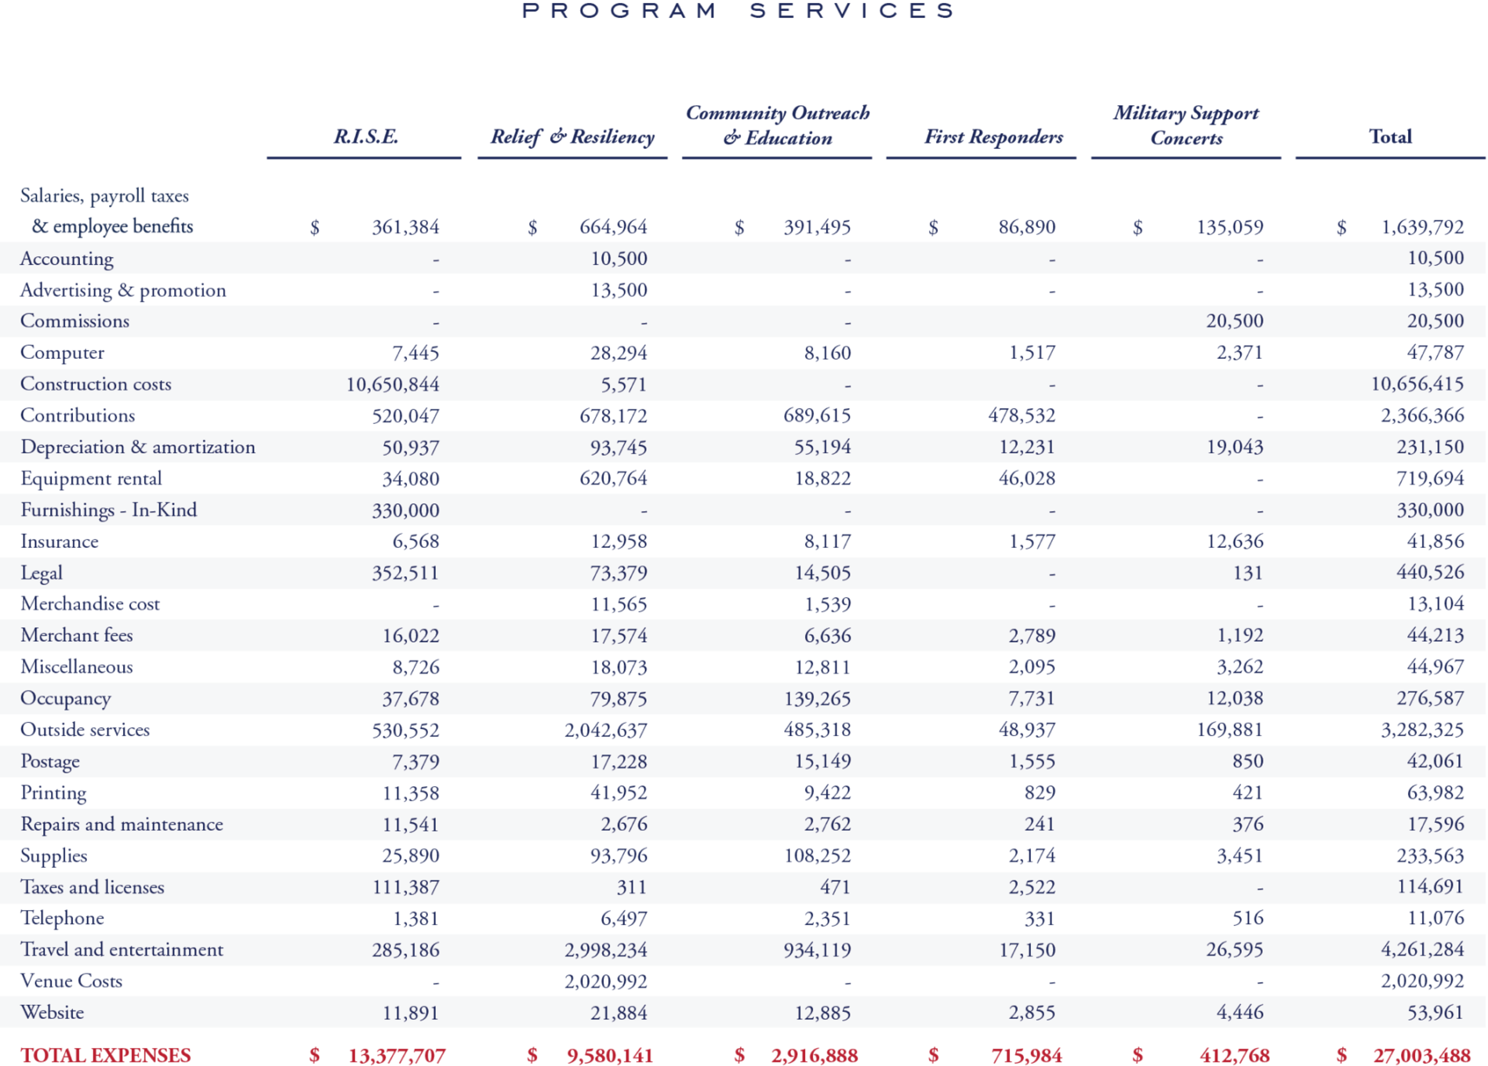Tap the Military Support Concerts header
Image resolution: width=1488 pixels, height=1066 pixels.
click(1185, 125)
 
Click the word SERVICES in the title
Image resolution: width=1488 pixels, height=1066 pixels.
click(852, 10)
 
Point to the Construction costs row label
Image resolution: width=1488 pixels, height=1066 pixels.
click(96, 384)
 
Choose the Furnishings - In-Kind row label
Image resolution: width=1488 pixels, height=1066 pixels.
click(108, 510)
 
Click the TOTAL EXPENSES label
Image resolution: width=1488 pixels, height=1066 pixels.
click(106, 1055)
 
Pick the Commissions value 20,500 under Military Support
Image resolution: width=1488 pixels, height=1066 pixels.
click(1234, 321)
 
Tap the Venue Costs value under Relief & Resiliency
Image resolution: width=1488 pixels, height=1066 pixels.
click(606, 982)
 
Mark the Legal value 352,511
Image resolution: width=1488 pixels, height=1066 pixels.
click(405, 573)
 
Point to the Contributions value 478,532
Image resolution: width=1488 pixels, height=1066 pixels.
click(1021, 415)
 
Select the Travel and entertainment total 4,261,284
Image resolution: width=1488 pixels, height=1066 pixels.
click(1422, 949)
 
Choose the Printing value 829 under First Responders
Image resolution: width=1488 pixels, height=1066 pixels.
click(1040, 793)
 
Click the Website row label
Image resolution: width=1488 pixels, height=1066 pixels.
click(52, 1012)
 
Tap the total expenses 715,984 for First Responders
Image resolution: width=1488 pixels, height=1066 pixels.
click(1026, 1055)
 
